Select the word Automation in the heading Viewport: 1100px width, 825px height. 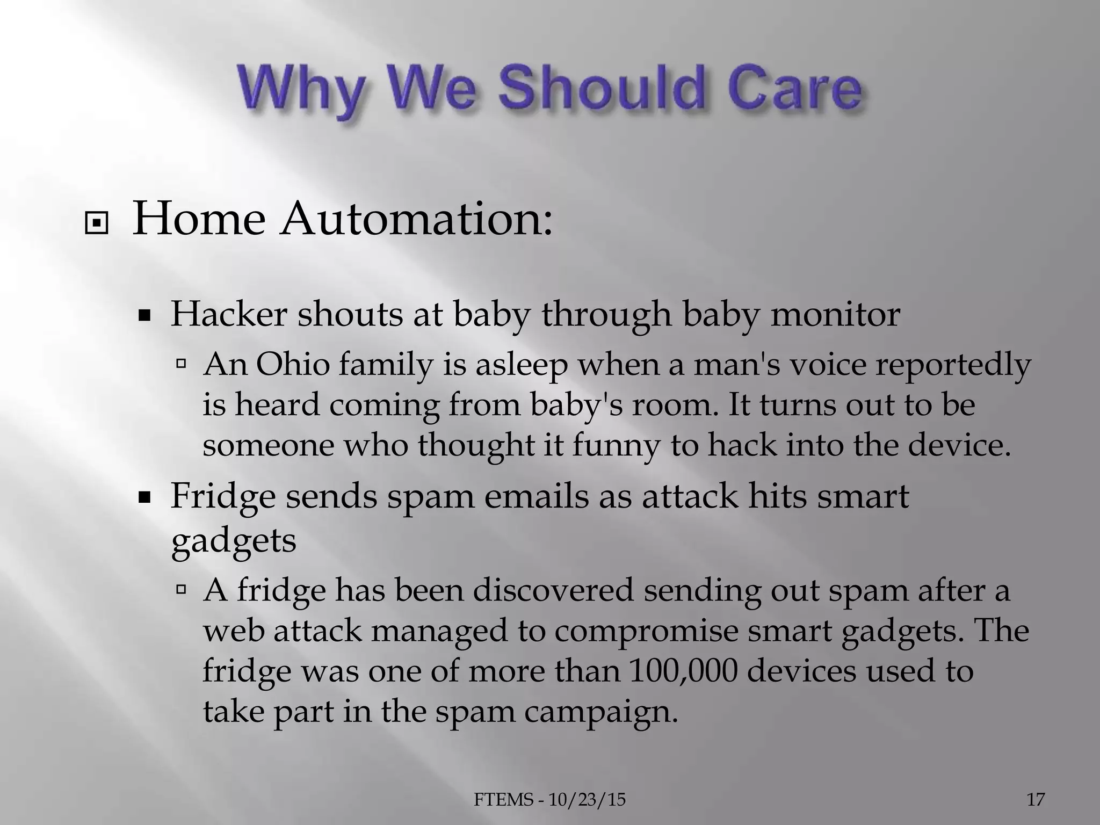tap(415, 220)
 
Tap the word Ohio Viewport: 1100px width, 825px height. tap(292, 365)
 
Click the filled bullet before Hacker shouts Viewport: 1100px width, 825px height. tap(143, 317)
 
